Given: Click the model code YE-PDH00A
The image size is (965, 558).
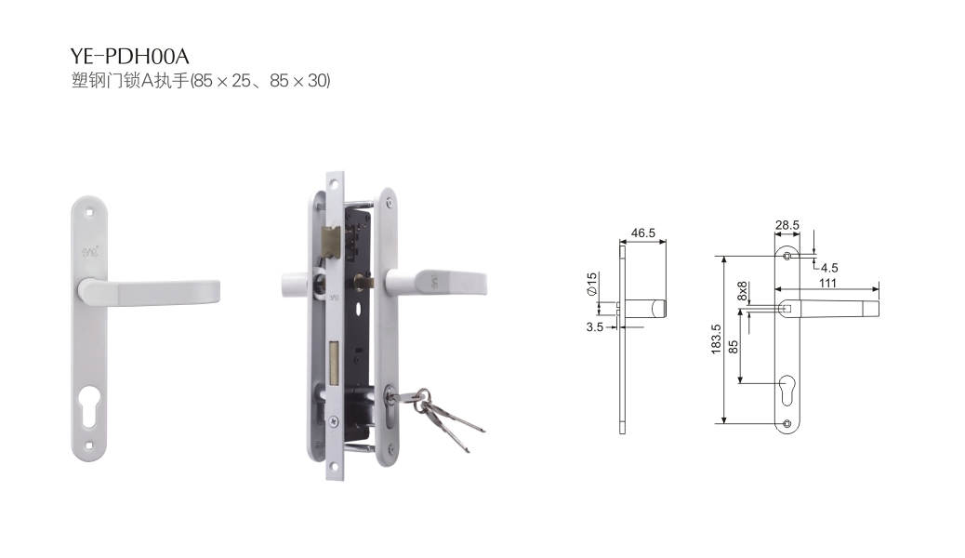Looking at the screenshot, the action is tap(129, 56).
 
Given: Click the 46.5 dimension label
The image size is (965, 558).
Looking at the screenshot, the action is tap(642, 232).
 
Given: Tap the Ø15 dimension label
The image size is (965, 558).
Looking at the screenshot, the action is tap(591, 284).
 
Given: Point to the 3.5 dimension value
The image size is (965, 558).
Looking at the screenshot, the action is tap(594, 327).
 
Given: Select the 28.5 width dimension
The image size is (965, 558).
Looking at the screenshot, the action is tap(787, 225).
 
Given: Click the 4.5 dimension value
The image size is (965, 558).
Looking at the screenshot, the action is tap(829, 268).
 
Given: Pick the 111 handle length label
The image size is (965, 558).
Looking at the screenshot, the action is tap(827, 283).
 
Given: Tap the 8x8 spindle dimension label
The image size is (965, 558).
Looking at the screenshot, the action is tap(742, 291).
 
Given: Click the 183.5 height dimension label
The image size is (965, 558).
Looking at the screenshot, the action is tap(716, 339).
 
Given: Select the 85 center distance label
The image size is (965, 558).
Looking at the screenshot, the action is tap(733, 348).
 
